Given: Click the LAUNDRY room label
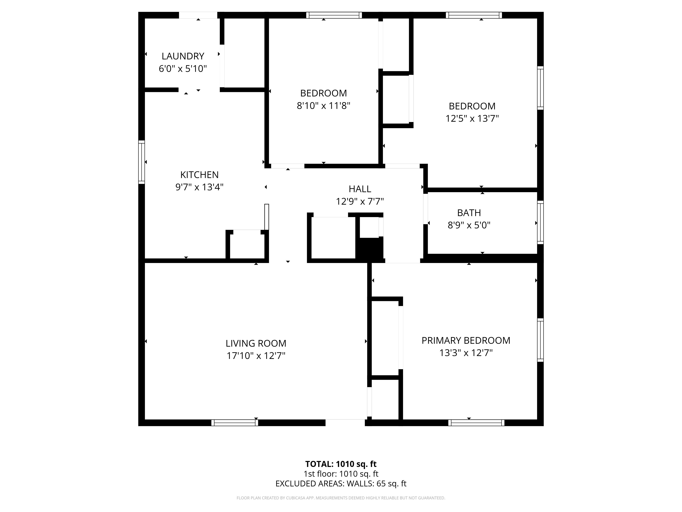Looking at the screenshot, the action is [x=183, y=56].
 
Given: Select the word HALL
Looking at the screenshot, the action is [x=360, y=189].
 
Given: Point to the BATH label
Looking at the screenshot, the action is [x=469, y=213].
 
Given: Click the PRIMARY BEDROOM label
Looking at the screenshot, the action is [x=466, y=340].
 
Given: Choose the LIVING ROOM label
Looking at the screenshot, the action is [x=256, y=344].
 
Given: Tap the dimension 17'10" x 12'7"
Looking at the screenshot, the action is [x=256, y=356].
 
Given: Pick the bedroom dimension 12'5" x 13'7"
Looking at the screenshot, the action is [x=472, y=118].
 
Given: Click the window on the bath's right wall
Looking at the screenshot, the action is [x=540, y=223].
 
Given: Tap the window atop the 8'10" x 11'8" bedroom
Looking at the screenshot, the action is [x=334, y=15].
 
